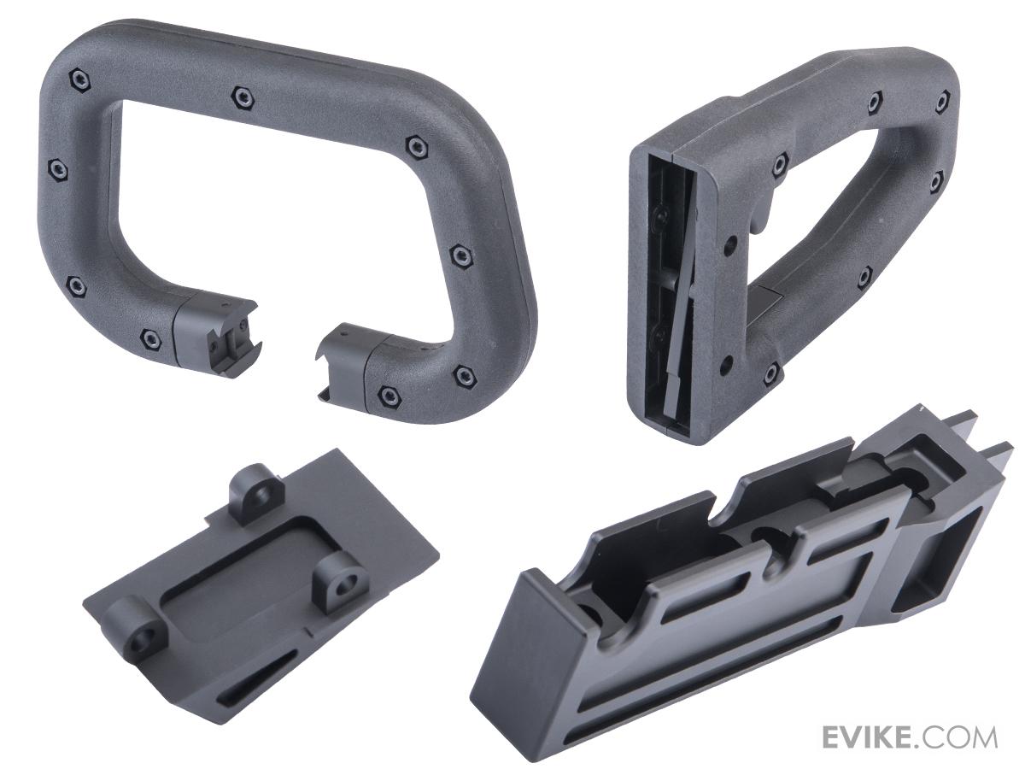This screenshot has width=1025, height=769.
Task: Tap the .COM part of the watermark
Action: tap(954, 738)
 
